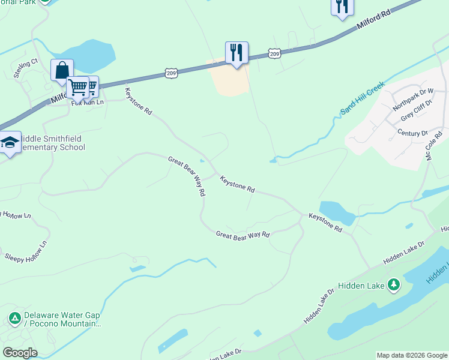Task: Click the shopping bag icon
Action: point(62,70)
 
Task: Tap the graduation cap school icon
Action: point(10,143)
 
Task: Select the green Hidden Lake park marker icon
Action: point(394,284)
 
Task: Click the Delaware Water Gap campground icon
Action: point(14,317)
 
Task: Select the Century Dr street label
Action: point(412,133)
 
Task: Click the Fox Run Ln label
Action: point(88,102)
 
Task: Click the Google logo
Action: point(20,353)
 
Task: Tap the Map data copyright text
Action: point(412,355)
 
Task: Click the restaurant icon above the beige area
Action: point(237,53)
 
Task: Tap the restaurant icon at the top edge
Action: point(342,7)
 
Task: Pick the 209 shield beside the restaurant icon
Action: point(274,54)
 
